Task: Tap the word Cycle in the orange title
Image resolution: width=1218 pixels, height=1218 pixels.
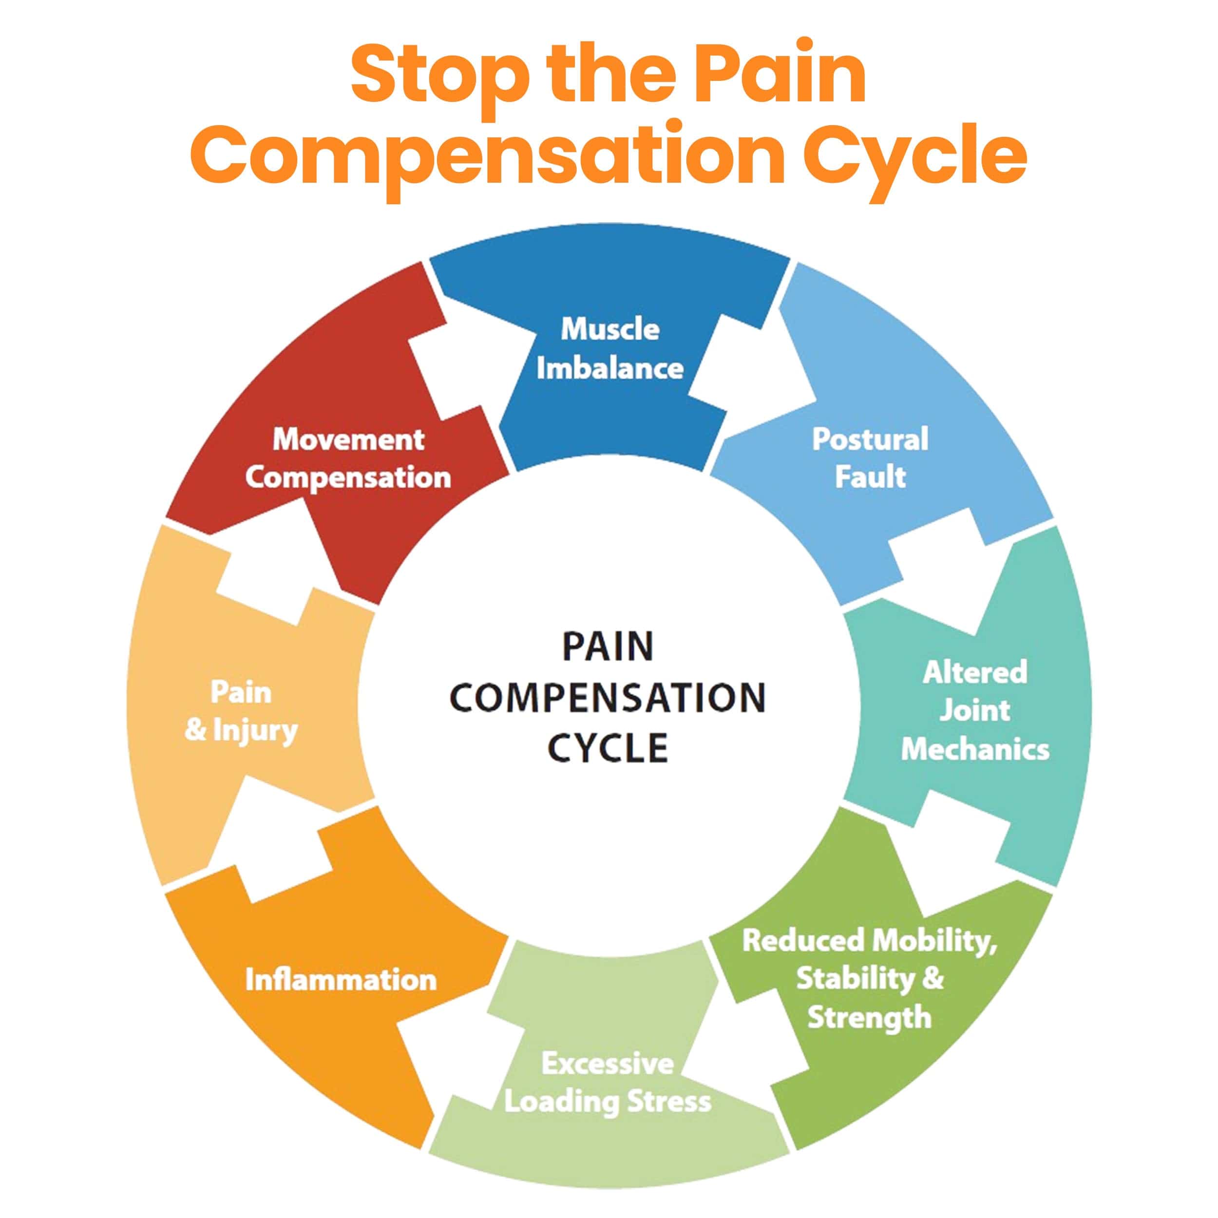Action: tap(915, 154)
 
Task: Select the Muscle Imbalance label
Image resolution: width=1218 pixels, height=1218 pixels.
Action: tap(609, 349)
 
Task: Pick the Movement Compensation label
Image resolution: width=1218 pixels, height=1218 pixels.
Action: tap(348, 458)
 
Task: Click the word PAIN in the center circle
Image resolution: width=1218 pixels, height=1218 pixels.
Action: tap(608, 647)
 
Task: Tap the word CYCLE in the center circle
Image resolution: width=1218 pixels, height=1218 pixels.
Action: tap(608, 748)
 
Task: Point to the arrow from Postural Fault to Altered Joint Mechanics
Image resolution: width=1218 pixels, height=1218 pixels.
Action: tap(939, 568)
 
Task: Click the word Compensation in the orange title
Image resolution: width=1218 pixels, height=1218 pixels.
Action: tap(485, 154)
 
